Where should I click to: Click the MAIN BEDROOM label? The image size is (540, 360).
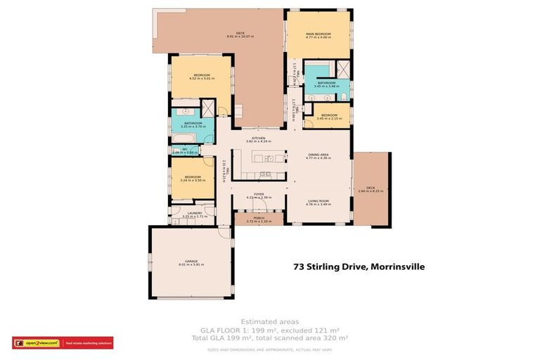(x=318, y=34)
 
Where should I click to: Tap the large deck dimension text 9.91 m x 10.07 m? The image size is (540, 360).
(x=240, y=37)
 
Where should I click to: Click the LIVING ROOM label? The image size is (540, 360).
(x=318, y=200)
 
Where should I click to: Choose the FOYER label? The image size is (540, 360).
(x=258, y=195)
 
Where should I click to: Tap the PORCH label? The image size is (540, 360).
(x=258, y=218)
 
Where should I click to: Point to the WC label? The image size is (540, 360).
(x=184, y=148)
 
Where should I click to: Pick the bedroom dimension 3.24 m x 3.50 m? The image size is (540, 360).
(x=193, y=181)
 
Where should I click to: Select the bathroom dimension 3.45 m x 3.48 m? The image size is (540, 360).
(x=327, y=86)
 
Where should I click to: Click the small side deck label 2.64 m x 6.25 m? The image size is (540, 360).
(x=371, y=191)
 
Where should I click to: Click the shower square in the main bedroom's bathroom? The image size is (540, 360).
(x=344, y=69)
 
